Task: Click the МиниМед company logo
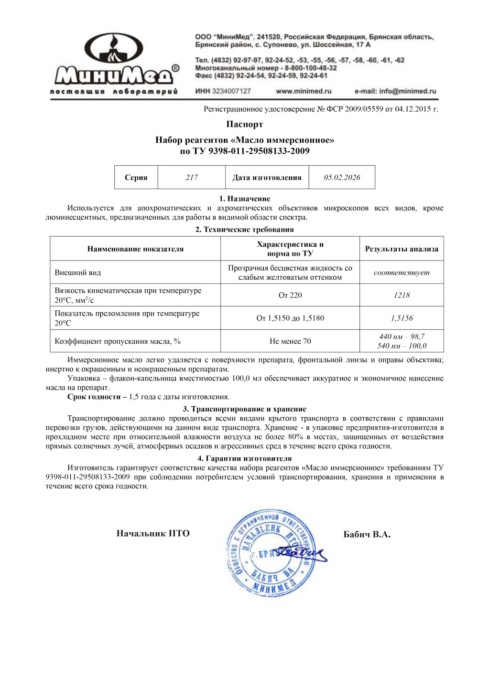pyautogui.click(x=115, y=64)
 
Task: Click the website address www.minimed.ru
pyautogui.click(x=304, y=91)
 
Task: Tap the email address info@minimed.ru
pyautogui.click(x=395, y=91)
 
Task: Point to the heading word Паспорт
pyautogui.click(x=245, y=124)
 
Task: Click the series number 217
pyautogui.click(x=192, y=178)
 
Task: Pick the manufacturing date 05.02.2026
pyautogui.click(x=342, y=178)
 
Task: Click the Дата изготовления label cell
pyautogui.click(x=267, y=178)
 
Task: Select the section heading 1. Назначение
pyautogui.click(x=245, y=199)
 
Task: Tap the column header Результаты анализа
pyautogui.click(x=402, y=249)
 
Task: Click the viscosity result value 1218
pyautogui.click(x=402, y=295)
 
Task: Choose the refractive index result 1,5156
pyautogui.click(x=402, y=318)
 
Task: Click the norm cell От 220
pyautogui.click(x=290, y=295)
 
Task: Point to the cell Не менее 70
pyautogui.click(x=290, y=341)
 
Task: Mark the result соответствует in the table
pyautogui.click(x=402, y=273)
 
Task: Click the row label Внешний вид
pyautogui.click(x=78, y=273)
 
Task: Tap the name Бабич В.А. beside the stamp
pyautogui.click(x=367, y=535)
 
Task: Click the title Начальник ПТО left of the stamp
pyautogui.click(x=153, y=534)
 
